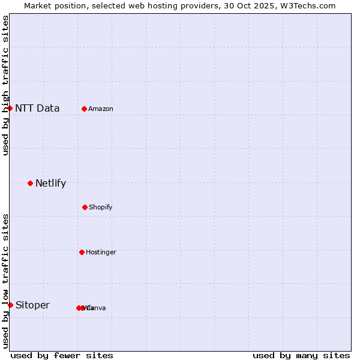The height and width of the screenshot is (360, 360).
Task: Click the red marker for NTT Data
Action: coord(10,108)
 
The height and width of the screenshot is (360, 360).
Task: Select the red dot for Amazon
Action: coord(85,109)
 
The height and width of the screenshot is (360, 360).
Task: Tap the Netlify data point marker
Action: coord(30,183)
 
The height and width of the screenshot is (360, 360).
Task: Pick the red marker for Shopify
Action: coord(85,207)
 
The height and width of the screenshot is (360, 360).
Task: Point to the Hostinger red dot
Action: coord(82,252)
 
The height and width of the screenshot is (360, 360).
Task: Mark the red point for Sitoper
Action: coord(10,305)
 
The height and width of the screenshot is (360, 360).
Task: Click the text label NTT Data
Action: coord(37,109)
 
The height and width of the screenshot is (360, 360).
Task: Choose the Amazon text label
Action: coord(101,109)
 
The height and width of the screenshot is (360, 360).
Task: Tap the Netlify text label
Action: coord(50,184)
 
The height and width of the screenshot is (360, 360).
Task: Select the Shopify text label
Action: coord(101,208)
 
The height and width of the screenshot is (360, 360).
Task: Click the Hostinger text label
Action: coord(101,253)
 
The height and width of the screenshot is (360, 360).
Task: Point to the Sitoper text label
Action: coord(32,305)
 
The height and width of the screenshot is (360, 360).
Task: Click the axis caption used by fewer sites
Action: coord(62,355)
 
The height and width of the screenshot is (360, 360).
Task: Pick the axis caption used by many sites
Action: coord(301,355)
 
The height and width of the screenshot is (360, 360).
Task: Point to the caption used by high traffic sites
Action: coord(5,86)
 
